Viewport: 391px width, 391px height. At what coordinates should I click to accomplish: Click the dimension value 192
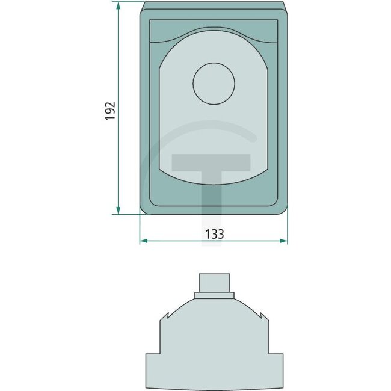click(x=110, y=111)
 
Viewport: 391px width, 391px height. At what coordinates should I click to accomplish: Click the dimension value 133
click(x=214, y=234)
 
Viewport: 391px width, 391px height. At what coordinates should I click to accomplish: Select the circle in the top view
click(x=214, y=83)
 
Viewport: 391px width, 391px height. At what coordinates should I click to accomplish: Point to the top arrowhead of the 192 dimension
click(x=118, y=5)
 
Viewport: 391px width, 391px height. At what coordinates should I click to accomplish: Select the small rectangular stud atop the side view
click(x=214, y=282)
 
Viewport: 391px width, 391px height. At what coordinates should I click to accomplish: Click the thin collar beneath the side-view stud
click(x=214, y=295)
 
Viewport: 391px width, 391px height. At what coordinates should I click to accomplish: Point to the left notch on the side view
click(x=164, y=316)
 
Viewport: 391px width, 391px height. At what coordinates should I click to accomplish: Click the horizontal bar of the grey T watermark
click(x=211, y=162)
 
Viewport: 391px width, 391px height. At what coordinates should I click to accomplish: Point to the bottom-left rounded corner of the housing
click(x=144, y=209)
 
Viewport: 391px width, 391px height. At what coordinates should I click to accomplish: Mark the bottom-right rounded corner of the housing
click(x=283, y=209)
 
